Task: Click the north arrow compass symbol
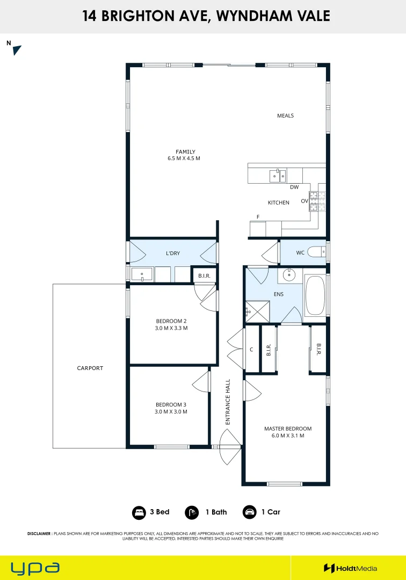click(17, 50)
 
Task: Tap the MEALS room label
click(286, 116)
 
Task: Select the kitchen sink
click(278, 176)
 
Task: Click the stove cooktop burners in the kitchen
click(317, 201)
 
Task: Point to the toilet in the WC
click(317, 252)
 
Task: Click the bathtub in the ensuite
click(315, 295)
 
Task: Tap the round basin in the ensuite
click(289, 275)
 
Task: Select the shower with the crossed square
click(257, 311)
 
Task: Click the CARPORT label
click(90, 368)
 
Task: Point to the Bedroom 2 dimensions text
click(171, 328)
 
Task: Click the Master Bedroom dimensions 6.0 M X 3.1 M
click(288, 436)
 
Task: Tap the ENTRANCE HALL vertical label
click(228, 402)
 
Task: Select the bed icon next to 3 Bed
click(139, 513)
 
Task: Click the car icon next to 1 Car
click(250, 512)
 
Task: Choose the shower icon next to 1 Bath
click(192, 513)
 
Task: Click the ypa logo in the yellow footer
click(35, 568)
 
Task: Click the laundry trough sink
click(142, 274)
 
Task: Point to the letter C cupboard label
click(251, 350)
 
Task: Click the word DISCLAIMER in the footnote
click(39, 534)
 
